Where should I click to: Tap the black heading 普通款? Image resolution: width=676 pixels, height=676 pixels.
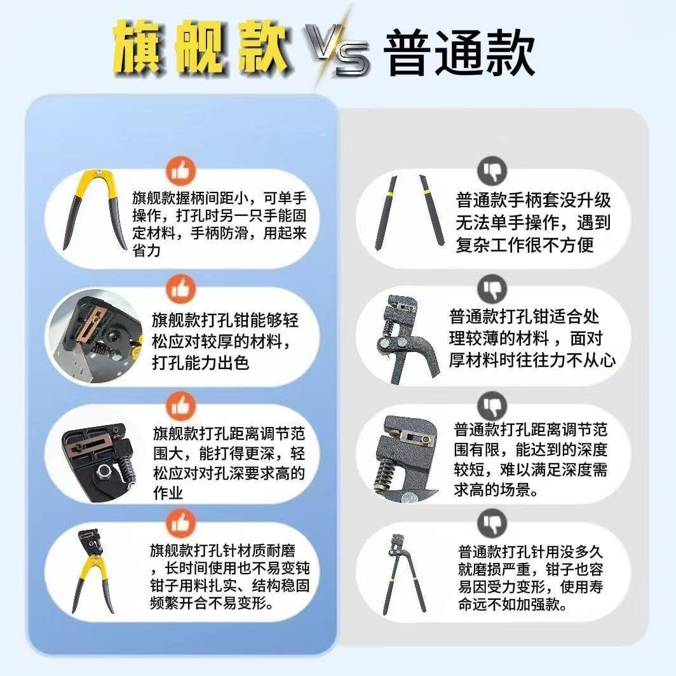coord(459,53)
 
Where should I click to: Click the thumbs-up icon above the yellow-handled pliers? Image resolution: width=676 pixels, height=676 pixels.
coord(180,171)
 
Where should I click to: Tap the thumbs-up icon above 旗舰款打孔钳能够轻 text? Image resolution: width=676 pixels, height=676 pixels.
coord(180,288)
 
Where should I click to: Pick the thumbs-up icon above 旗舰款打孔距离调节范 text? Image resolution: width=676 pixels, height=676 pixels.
coord(180,406)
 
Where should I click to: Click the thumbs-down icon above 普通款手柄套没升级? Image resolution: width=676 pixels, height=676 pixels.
coord(492,171)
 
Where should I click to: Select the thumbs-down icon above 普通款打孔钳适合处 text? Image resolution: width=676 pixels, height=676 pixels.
coord(492,288)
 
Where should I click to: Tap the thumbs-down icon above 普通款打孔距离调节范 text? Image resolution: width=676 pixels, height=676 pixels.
coord(492,406)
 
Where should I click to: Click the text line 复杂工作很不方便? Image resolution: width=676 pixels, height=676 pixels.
coord(525,245)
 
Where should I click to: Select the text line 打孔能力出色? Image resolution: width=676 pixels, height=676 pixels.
coord(201,363)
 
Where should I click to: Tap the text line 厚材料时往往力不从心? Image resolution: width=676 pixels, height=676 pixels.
coord(532,360)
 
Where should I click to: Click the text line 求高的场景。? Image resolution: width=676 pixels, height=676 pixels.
coord(496,489)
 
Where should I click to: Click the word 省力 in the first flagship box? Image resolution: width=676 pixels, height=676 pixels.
coord(147,250)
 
